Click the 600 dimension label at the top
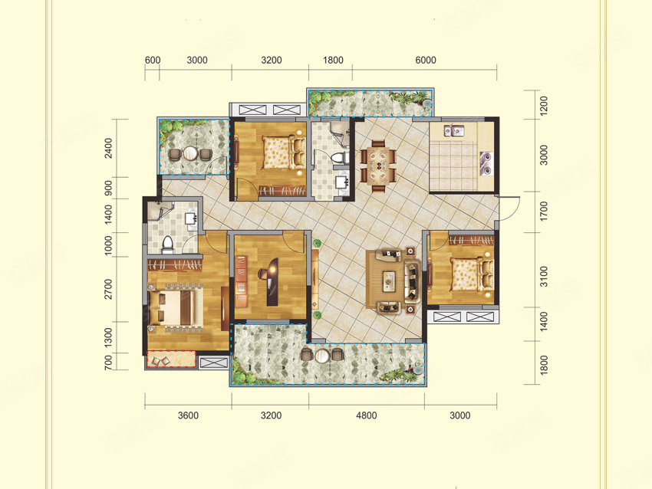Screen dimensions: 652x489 [153, 61]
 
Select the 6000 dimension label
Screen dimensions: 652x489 [426, 61]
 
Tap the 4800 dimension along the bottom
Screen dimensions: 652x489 [367, 415]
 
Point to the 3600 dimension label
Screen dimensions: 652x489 [188, 415]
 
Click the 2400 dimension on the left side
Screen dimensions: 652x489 [108, 148]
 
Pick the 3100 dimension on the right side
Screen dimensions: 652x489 [544, 276]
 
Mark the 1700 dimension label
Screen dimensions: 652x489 [544, 211]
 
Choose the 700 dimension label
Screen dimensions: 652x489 [108, 363]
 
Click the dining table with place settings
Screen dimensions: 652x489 [378, 166]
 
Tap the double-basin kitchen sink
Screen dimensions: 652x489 [453, 131]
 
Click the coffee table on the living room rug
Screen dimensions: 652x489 [389, 281]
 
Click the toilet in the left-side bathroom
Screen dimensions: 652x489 [167, 244]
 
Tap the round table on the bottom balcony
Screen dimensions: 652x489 [322, 356]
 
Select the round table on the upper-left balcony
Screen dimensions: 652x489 [190, 154]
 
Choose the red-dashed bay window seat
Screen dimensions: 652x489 [171, 359]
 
